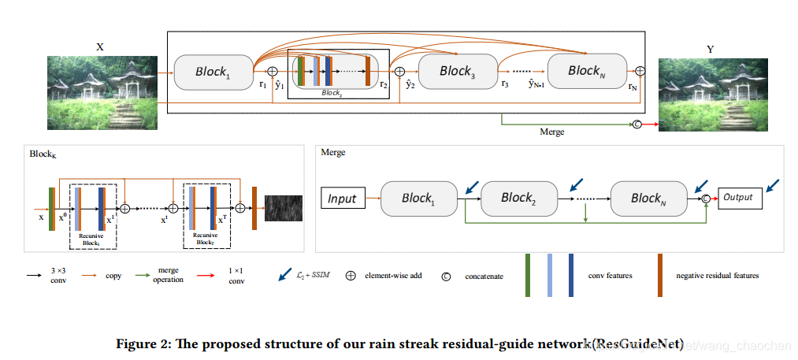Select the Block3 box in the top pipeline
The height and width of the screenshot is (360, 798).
(455, 72)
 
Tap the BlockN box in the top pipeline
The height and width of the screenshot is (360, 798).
(585, 71)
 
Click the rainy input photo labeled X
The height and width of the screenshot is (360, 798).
(102, 93)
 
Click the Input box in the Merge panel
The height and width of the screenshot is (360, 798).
(343, 199)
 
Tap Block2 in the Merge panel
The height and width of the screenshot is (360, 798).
(518, 199)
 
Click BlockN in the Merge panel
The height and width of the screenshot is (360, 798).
(649, 199)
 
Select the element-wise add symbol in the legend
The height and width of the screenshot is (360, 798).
(351, 276)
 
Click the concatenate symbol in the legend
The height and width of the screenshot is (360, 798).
(446, 276)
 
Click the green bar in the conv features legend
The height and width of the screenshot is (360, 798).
(528, 275)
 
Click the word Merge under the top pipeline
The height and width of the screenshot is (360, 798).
(551, 132)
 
